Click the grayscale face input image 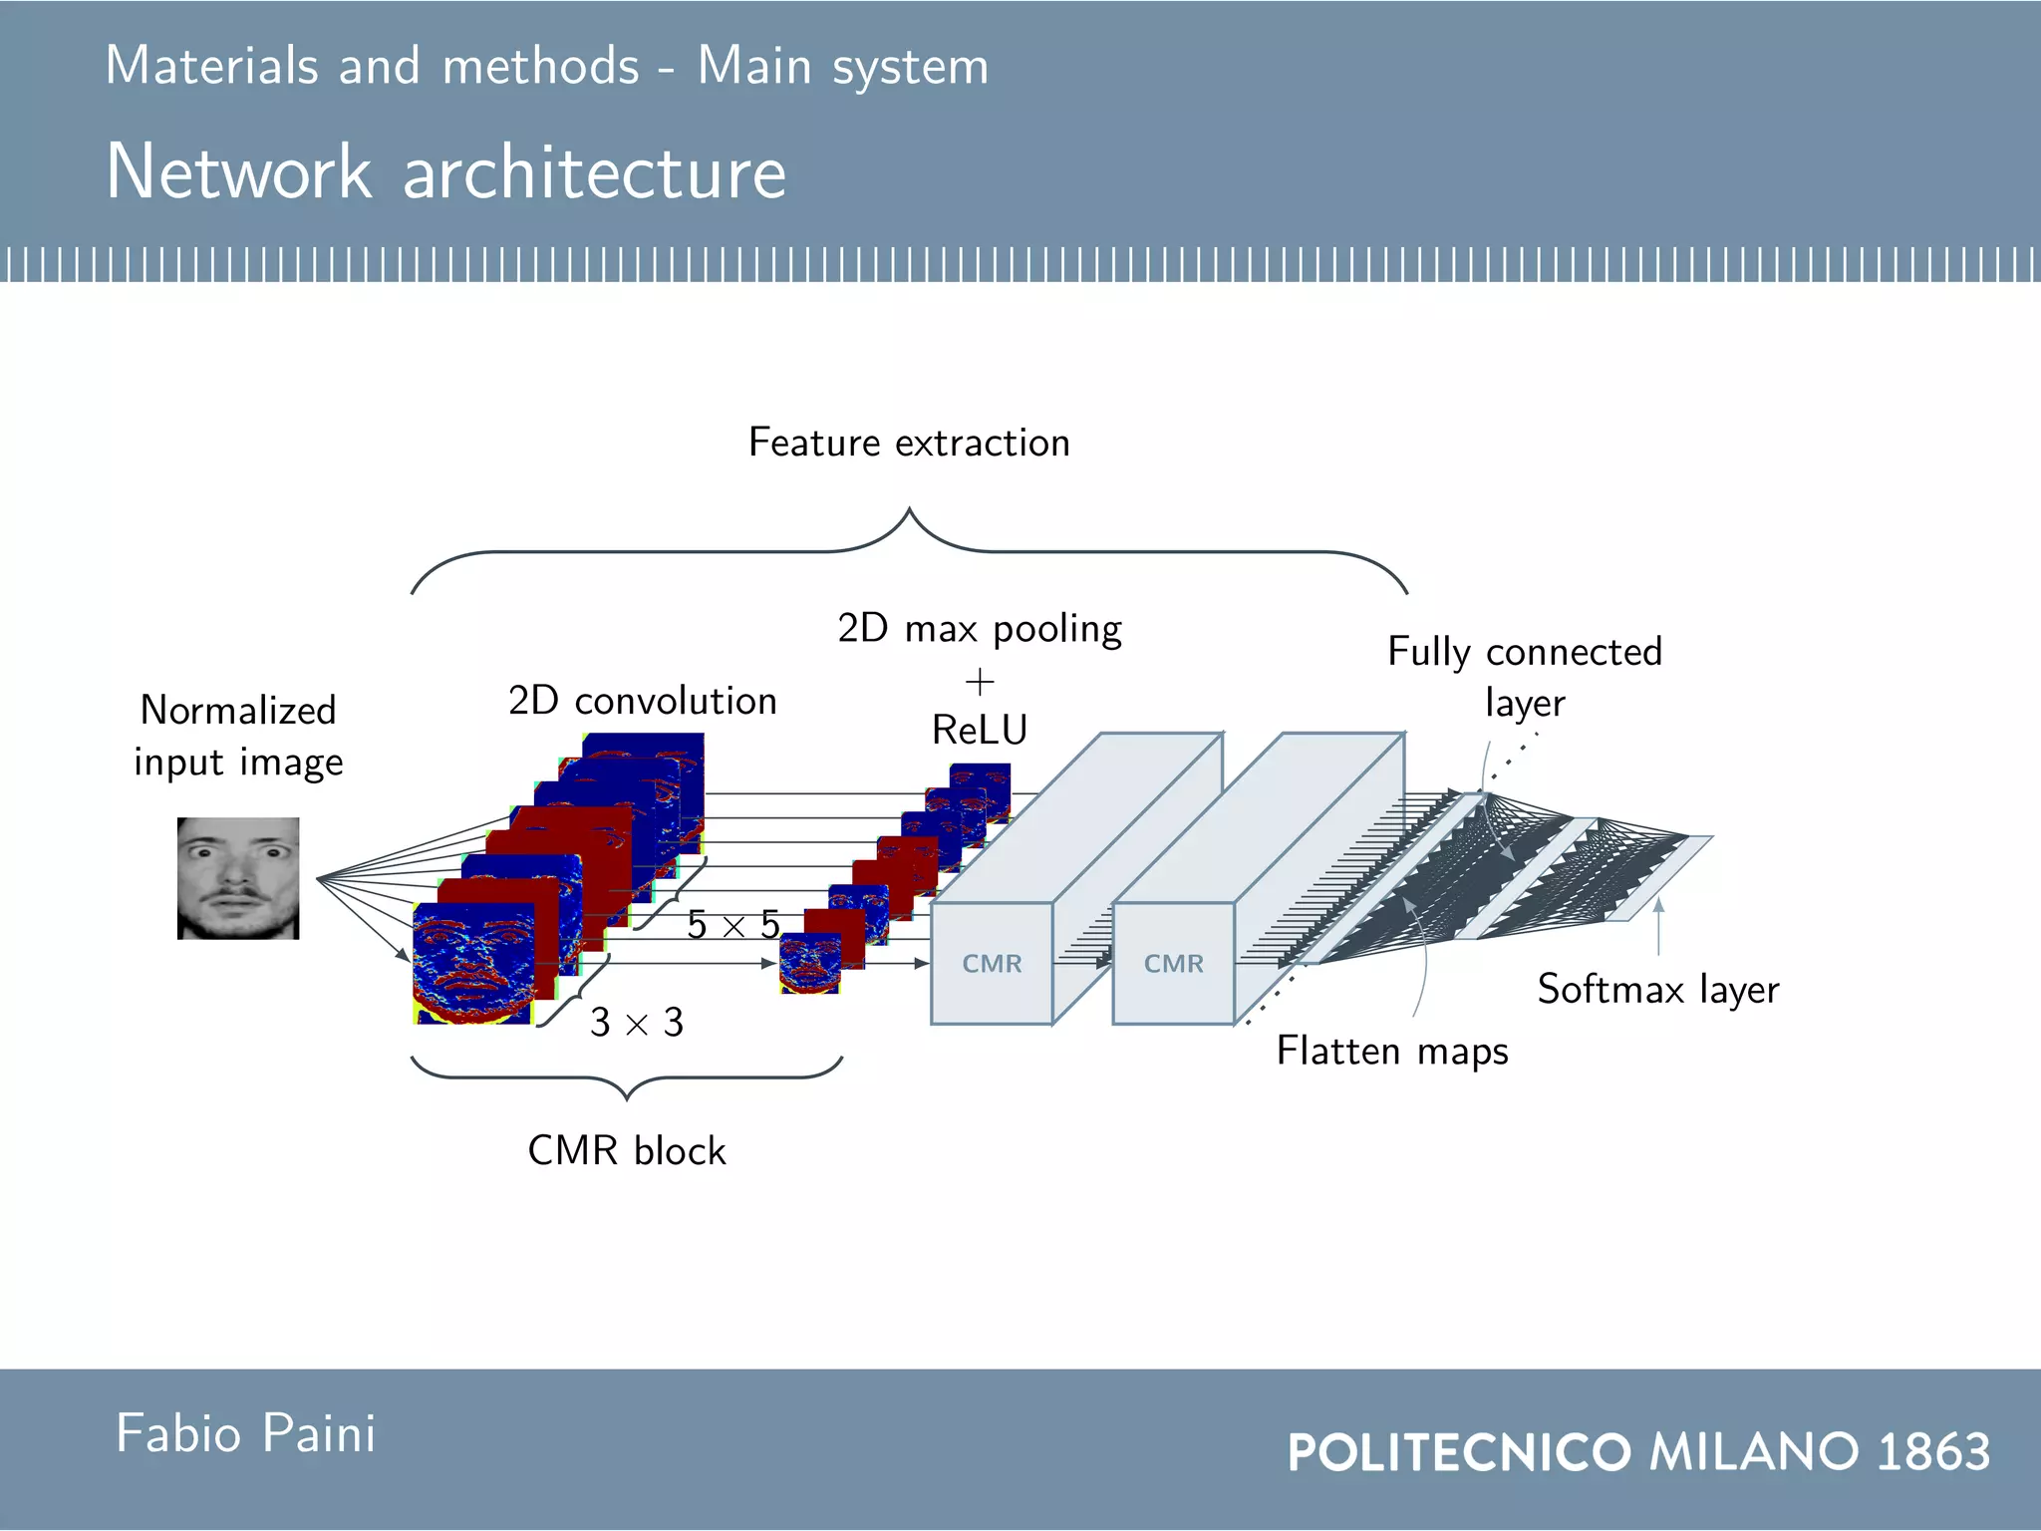pyautogui.click(x=238, y=878)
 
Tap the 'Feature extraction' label pyautogui.click(x=909, y=443)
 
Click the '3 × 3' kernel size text pyautogui.click(x=637, y=1023)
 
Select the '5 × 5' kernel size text pyautogui.click(x=733, y=925)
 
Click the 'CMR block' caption pyautogui.click(x=627, y=1151)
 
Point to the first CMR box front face pyautogui.click(x=992, y=964)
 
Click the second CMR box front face pyautogui.click(x=1173, y=964)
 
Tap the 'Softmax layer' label pyautogui.click(x=1657, y=990)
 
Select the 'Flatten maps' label pyautogui.click(x=1392, y=1052)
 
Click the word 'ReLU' pyautogui.click(x=980, y=731)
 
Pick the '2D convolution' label pyautogui.click(x=642, y=701)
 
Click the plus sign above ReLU pyautogui.click(x=980, y=683)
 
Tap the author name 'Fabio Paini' pyautogui.click(x=246, y=1434)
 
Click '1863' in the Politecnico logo pyautogui.click(x=1933, y=1451)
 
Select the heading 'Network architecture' pyautogui.click(x=446, y=171)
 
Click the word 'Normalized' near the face pyautogui.click(x=238, y=711)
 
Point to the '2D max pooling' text pyautogui.click(x=980, y=629)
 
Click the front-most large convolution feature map pyautogui.click(x=473, y=964)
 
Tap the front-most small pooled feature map pyautogui.click(x=809, y=964)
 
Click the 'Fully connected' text pyautogui.click(x=1525, y=652)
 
